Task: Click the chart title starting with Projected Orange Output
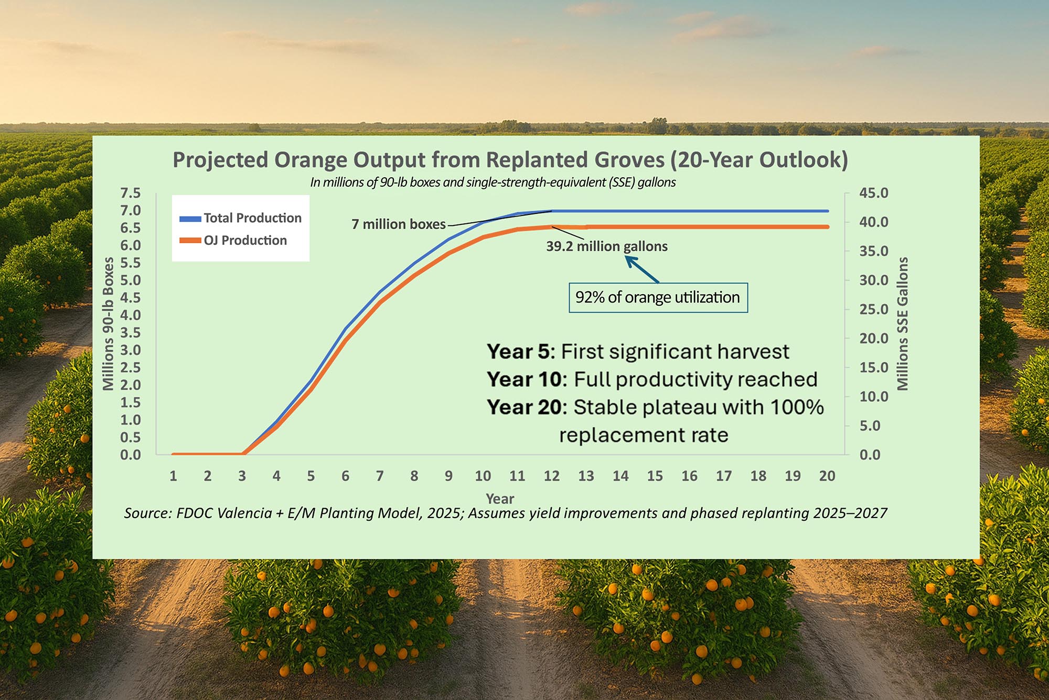pos(510,160)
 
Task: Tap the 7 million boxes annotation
pos(398,224)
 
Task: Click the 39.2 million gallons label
pos(606,246)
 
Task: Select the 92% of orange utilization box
pos(658,298)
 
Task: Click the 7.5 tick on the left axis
pos(131,193)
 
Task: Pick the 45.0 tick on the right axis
pos(873,193)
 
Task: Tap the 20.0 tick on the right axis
pos(873,339)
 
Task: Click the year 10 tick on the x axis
pos(483,476)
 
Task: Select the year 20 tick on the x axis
pos(827,476)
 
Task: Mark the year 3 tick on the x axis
pos(242,476)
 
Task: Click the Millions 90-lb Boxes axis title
pos(109,324)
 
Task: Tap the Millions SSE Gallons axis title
pos(902,324)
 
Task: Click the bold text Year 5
pos(519,352)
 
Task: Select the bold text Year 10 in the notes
pos(525,380)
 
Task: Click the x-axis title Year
pos(500,499)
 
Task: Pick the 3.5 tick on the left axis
pos(131,333)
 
